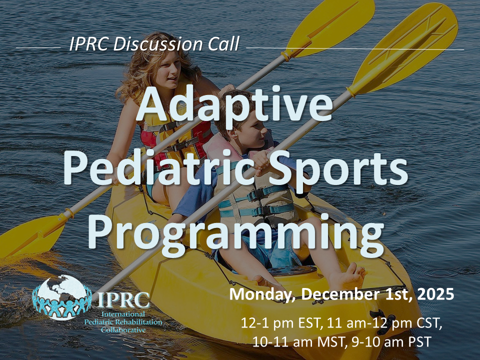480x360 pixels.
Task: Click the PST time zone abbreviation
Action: click(419, 341)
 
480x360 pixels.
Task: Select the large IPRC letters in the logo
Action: click(124, 300)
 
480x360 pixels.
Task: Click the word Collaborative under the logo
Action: click(123, 330)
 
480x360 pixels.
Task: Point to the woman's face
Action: click(168, 69)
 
